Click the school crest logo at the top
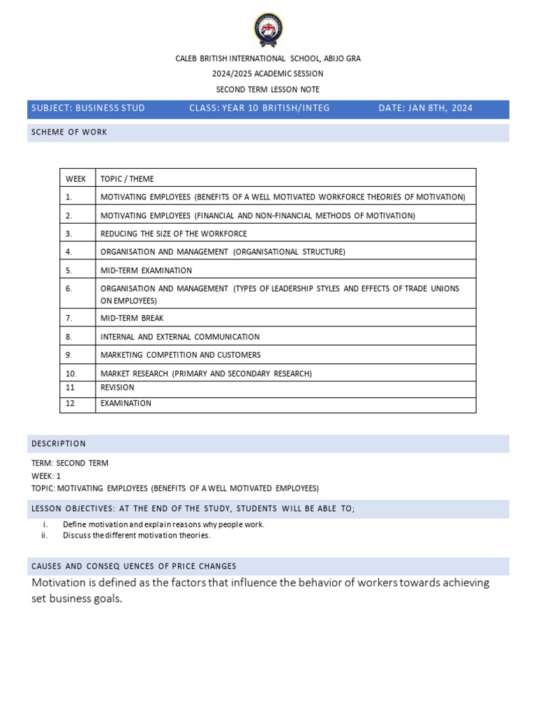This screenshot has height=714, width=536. tap(268, 30)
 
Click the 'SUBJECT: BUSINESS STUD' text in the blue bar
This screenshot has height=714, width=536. tap(88, 108)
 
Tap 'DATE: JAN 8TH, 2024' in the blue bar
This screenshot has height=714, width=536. tap(425, 108)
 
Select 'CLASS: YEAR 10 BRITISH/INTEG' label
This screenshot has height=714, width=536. tap(259, 108)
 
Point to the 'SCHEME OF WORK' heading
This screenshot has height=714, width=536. tap(69, 132)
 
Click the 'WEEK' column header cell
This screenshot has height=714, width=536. tap(76, 179)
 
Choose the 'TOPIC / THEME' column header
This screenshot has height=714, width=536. tap(127, 179)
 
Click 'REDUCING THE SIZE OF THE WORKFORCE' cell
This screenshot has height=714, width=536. tap(174, 234)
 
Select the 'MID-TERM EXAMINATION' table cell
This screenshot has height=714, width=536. tap(146, 271)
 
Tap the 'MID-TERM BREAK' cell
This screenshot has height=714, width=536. tap(132, 318)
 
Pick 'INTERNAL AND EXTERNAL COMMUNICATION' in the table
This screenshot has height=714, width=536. tap(180, 337)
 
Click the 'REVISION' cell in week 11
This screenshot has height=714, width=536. tap(117, 388)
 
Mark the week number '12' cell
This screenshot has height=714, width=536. tap(70, 403)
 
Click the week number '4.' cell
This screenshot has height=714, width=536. tap(69, 252)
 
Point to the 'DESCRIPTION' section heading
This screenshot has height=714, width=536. tap(59, 443)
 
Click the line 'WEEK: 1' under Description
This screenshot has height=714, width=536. tap(46, 476)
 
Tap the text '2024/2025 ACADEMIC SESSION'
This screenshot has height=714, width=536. tap(268, 74)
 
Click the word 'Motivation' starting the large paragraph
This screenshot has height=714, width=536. tap(61, 582)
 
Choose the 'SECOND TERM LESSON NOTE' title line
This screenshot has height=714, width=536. tap(268, 89)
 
